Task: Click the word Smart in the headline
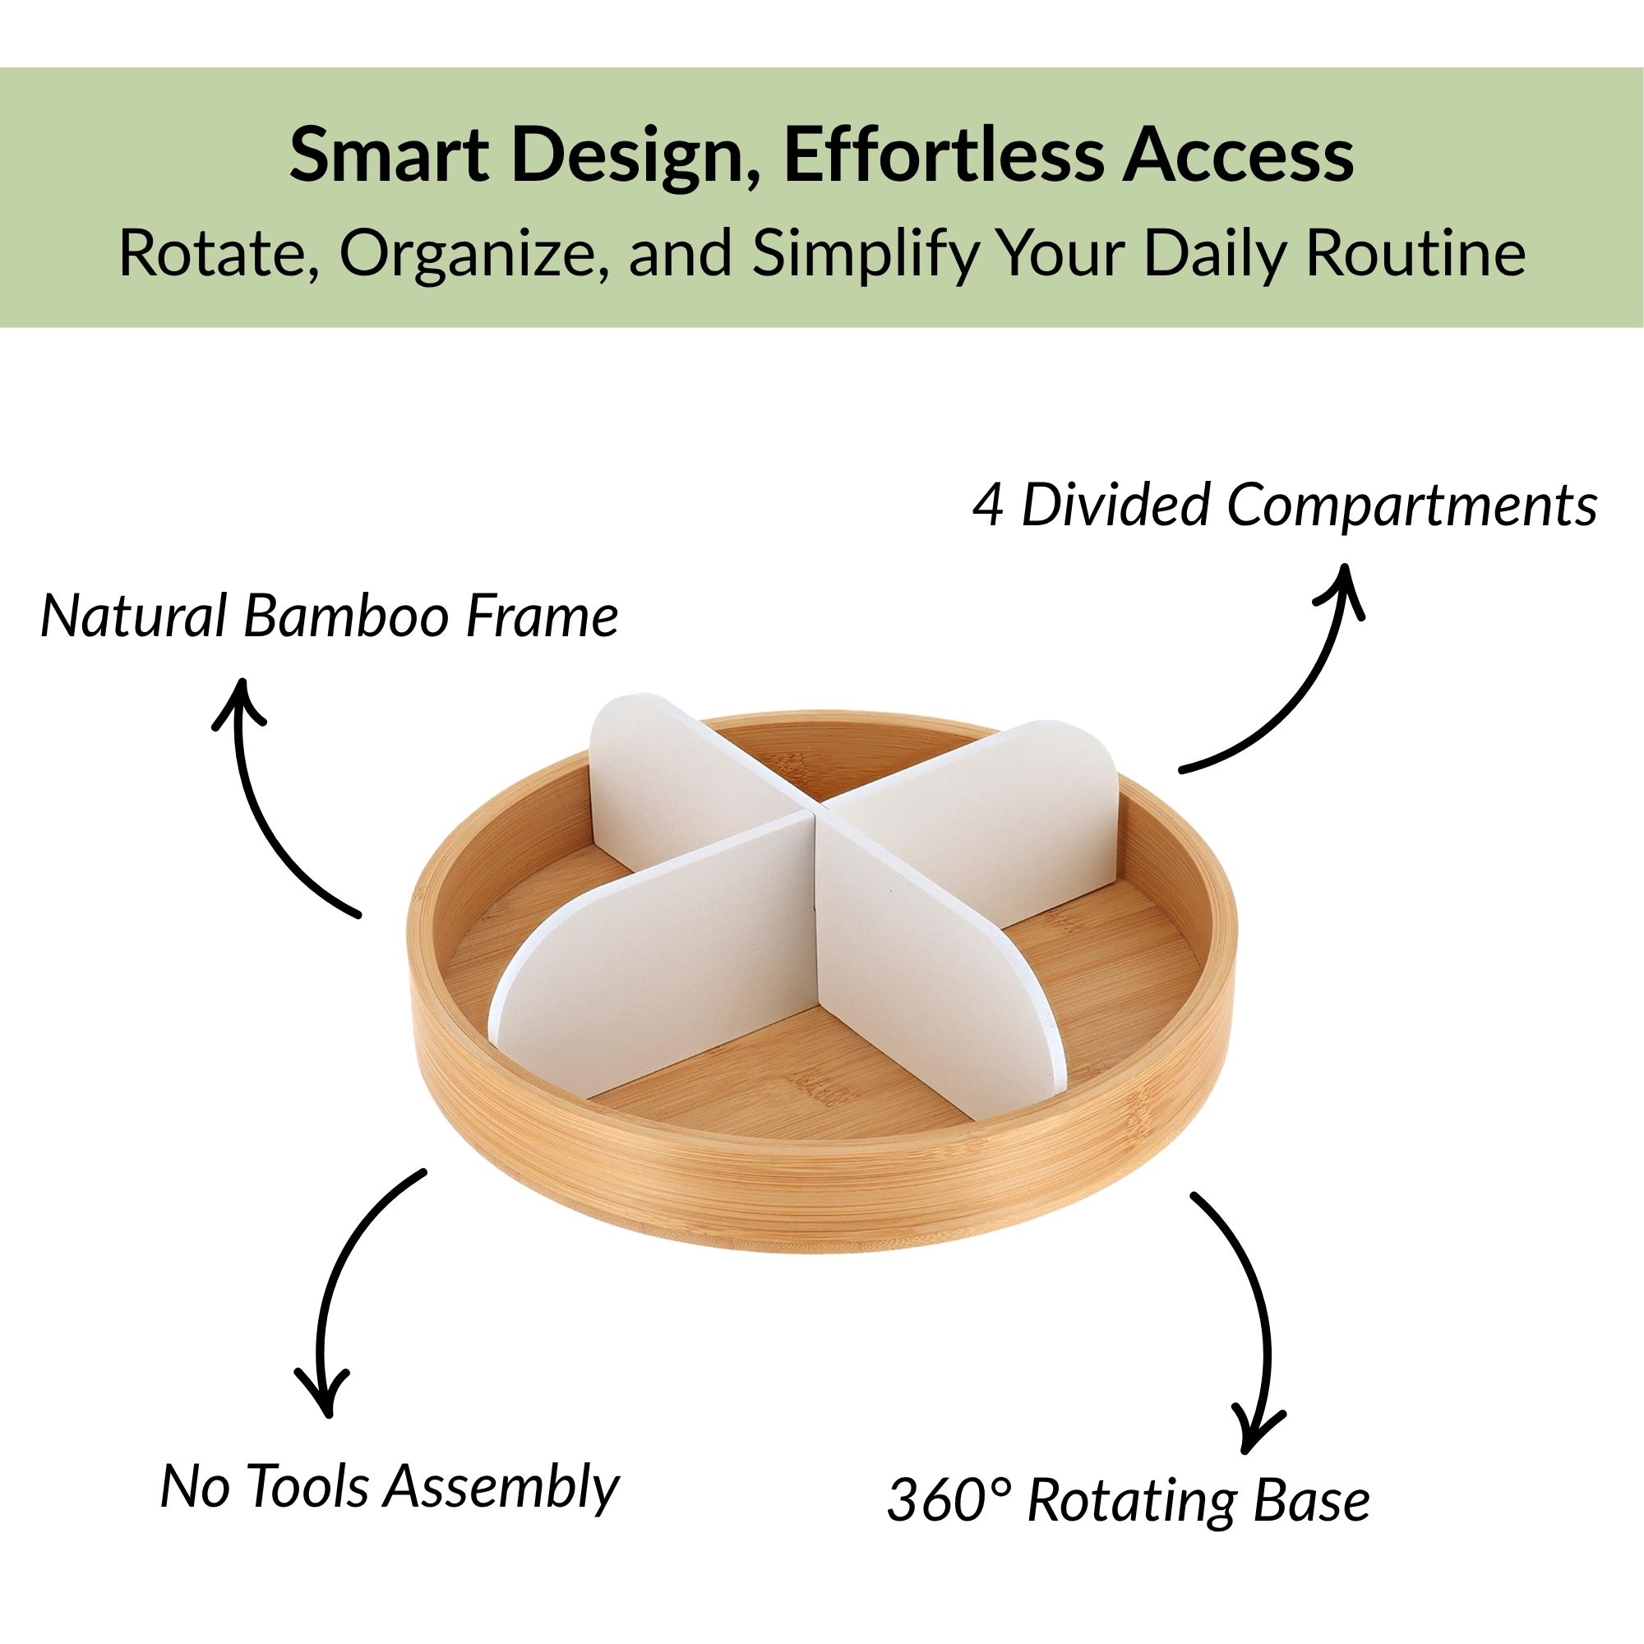[x=389, y=155]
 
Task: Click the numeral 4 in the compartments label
[x=988, y=505]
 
